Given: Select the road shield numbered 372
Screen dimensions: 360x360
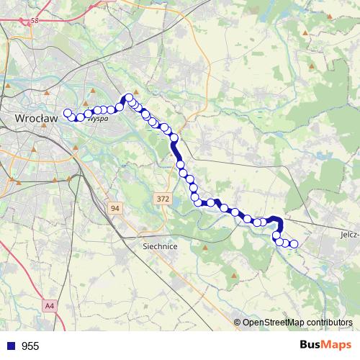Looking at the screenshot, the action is click(x=163, y=197).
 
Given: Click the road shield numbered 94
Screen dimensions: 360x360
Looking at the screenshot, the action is click(x=114, y=208).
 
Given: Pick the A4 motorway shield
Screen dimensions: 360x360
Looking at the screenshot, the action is click(x=49, y=307).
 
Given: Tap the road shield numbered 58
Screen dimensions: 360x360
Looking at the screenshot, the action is click(x=35, y=22).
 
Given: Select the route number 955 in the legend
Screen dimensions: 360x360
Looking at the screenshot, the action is click(x=30, y=346).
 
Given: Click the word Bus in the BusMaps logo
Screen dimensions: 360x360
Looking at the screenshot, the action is click(x=313, y=346).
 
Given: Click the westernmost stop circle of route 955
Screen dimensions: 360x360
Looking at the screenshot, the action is click(x=68, y=113).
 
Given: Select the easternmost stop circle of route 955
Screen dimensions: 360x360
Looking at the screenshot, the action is click(x=294, y=243).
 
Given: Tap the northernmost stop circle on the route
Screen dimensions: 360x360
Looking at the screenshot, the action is click(x=130, y=98).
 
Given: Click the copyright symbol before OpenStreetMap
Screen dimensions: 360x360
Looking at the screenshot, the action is click(x=238, y=322).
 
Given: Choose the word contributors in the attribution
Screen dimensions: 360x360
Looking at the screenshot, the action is click(x=326, y=322).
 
